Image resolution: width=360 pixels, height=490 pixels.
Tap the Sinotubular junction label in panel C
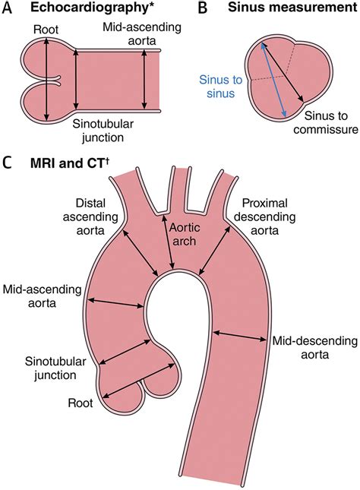[48, 368]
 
